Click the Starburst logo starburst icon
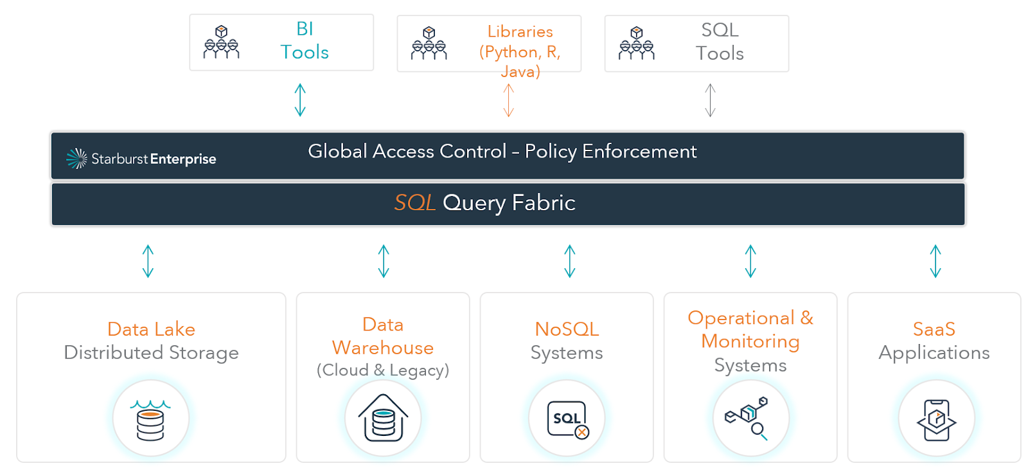click(x=76, y=159)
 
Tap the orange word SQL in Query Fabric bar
click(x=415, y=203)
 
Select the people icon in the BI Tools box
click(x=221, y=42)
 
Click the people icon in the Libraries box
click(x=429, y=43)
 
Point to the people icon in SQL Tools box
click(x=636, y=43)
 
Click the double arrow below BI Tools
click(x=300, y=100)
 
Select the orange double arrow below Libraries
click(x=508, y=100)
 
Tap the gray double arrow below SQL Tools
click(x=711, y=100)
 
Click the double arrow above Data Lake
click(x=148, y=261)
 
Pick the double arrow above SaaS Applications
click(x=935, y=261)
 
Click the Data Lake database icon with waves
click(x=150, y=419)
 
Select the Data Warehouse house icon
click(x=383, y=418)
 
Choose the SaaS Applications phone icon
click(x=936, y=420)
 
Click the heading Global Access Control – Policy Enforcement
click(x=502, y=152)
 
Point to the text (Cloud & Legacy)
click(x=383, y=370)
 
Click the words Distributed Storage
click(x=151, y=352)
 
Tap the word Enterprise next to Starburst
click(x=183, y=159)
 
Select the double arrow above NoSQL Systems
click(x=569, y=261)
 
